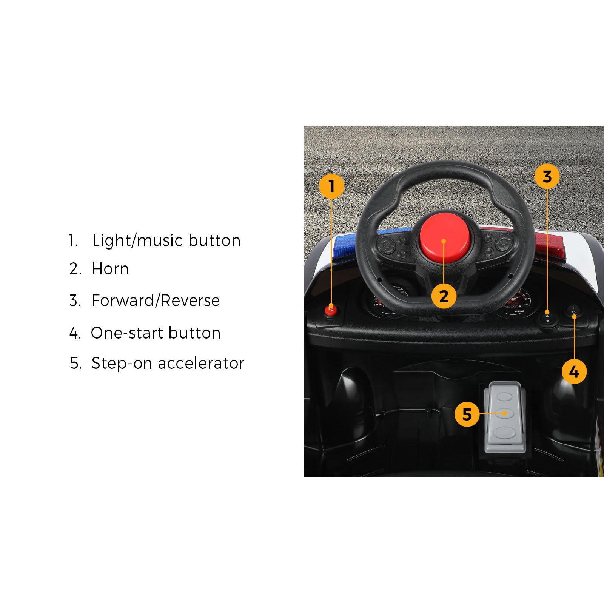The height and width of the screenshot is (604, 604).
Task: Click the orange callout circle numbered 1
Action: pos(331,186)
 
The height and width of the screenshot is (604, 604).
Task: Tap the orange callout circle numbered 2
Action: pos(444,296)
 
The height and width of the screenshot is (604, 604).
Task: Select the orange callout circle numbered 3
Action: pos(547,177)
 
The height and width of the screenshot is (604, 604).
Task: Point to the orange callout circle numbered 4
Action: pos(574,372)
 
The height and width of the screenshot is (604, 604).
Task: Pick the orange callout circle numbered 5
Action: pos(467,414)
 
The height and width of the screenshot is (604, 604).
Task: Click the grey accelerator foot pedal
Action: pos(505,417)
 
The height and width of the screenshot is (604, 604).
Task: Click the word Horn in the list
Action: pos(110,269)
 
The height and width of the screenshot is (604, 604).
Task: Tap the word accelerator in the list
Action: pos(201,363)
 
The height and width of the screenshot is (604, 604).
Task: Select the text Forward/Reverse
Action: pos(156,300)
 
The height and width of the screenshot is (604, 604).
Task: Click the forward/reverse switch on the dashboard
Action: pos(548,318)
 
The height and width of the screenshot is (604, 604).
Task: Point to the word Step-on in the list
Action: pos(122,364)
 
